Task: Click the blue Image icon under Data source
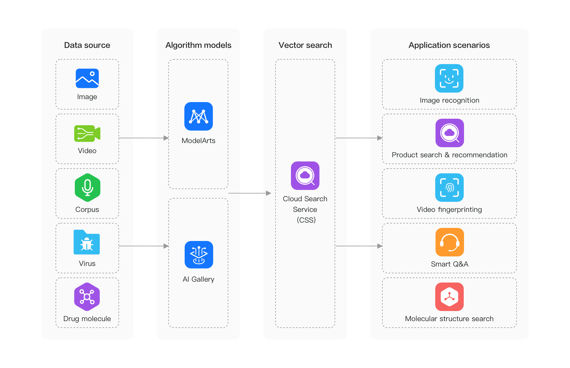coord(87,78)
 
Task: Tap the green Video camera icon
coord(87,133)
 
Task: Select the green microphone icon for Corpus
coord(87,188)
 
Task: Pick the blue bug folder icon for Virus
coord(87,242)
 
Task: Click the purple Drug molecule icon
coord(87,296)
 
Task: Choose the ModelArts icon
coord(198,116)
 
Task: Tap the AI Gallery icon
coord(199,255)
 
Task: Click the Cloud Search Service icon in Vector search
coord(305,175)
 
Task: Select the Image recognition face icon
coord(449,78)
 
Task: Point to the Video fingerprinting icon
coord(449,188)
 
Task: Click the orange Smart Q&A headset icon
coord(449,242)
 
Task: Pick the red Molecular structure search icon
coord(449,296)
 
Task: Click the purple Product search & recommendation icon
coord(449,133)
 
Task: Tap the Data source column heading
coord(87,45)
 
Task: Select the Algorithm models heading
coord(198,45)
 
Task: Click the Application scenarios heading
coord(449,45)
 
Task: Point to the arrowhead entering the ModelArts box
coord(166,138)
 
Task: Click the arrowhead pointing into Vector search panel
coord(268,193)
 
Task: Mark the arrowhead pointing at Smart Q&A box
coord(380,246)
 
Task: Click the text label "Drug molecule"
coord(87,319)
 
